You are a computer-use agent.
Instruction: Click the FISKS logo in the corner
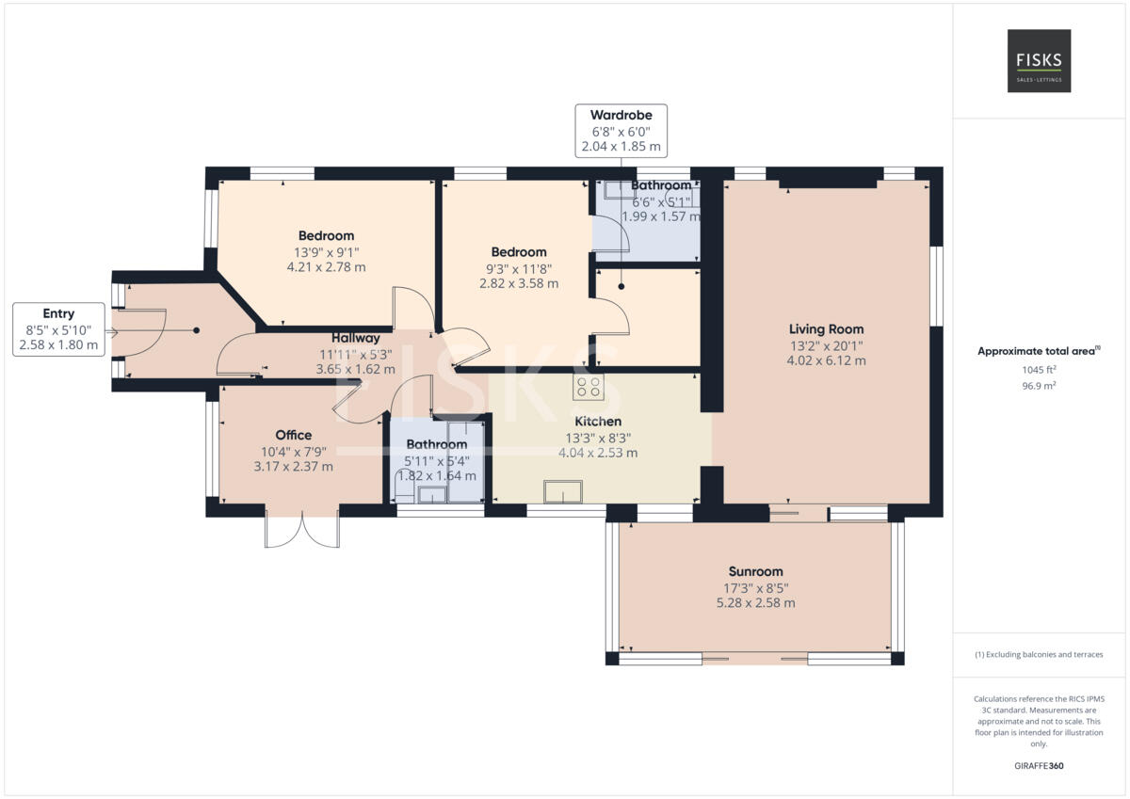click(1039, 60)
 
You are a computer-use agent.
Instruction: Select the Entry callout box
click(58, 329)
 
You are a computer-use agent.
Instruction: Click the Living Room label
click(826, 329)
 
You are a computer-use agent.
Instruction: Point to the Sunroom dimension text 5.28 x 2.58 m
click(755, 602)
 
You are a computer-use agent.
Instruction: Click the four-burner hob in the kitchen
click(589, 386)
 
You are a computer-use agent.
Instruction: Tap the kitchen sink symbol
click(563, 491)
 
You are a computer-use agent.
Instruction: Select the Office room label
click(293, 435)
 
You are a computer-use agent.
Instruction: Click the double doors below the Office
click(302, 531)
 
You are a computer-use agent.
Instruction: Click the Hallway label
click(355, 338)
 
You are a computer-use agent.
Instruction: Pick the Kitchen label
click(598, 422)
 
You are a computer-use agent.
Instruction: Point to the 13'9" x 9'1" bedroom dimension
click(326, 251)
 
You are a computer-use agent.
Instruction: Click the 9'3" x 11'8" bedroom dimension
click(518, 268)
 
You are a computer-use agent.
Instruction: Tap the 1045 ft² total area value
click(1038, 370)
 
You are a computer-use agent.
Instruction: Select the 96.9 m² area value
click(1038, 385)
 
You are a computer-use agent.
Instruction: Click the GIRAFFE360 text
click(1038, 765)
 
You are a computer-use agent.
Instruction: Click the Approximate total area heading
click(1038, 351)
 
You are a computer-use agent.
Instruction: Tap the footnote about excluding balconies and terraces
click(1038, 654)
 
